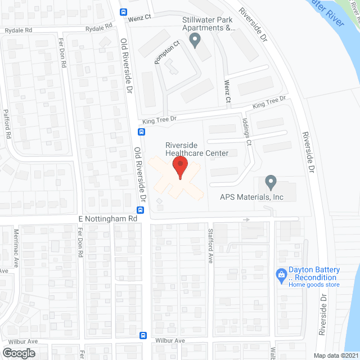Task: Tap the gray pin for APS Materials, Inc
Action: pyautogui.click(x=271, y=182)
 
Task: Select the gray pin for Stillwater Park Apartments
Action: pyautogui.click(x=195, y=40)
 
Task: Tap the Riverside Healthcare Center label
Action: pyautogui.click(x=196, y=148)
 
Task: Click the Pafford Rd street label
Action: pyautogui.click(x=7, y=124)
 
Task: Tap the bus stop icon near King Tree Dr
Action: pyautogui.click(x=141, y=132)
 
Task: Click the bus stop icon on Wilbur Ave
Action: pyautogui.click(x=143, y=336)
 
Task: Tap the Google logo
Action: pyautogui.click(x=18, y=353)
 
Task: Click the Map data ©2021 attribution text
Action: pyautogui.click(x=336, y=355)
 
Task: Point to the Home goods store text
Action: pyautogui.click(x=314, y=285)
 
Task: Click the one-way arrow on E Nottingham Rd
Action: pyautogui.click(x=246, y=219)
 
